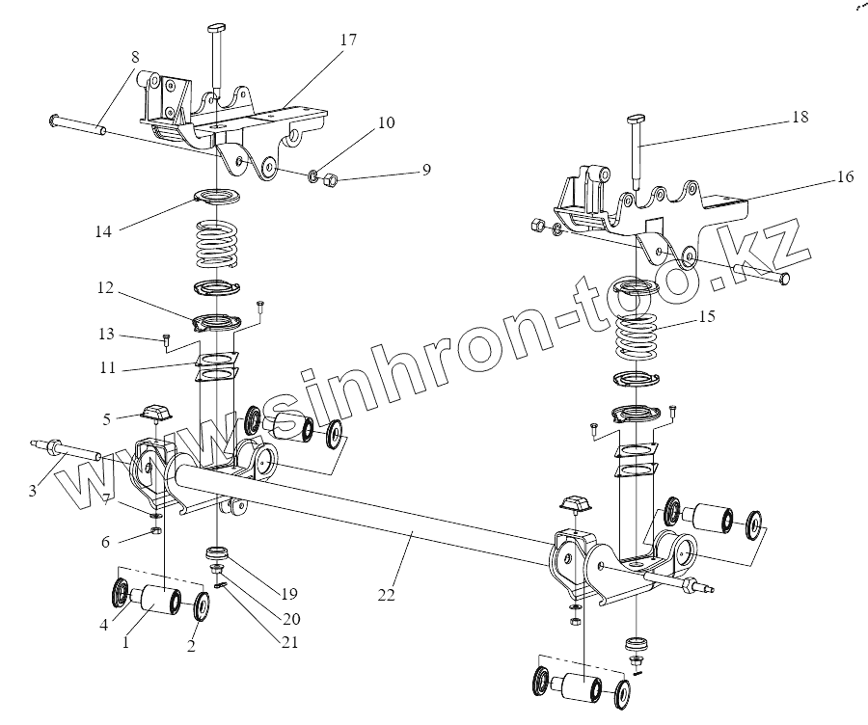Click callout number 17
[348, 40]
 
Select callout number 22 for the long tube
[386, 596]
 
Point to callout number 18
[800, 117]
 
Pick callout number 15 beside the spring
[708, 316]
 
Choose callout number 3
[32, 491]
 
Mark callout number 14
[103, 230]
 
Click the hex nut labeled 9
[328, 178]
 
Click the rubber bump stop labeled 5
[155, 414]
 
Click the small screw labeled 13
[168, 339]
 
